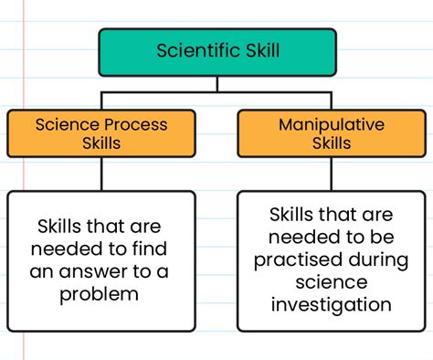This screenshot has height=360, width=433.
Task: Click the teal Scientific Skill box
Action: pos(216,52)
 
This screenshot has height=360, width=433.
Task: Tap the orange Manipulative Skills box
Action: pos(318,133)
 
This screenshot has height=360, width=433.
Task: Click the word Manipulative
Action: pos(318,123)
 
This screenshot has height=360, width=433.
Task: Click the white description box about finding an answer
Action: pos(101,260)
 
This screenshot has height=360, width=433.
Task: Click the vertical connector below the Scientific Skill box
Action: pos(216,84)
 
